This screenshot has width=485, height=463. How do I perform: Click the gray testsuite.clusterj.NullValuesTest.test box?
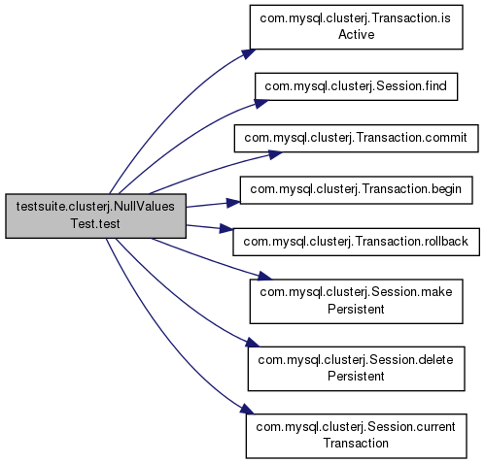(95, 215)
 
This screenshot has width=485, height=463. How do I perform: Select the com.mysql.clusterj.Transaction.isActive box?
(356, 27)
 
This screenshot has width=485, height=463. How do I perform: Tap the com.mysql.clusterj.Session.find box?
(356, 86)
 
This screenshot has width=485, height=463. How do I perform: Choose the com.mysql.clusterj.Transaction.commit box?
(356, 138)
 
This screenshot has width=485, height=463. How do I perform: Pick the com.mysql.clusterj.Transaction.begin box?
(356, 190)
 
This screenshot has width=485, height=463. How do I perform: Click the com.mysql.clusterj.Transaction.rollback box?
(356, 242)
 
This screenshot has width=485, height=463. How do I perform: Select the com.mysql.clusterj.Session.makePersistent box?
(356, 301)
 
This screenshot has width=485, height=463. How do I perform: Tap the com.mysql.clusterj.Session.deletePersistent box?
(356, 369)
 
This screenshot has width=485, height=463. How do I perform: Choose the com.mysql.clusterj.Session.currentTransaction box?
(356, 436)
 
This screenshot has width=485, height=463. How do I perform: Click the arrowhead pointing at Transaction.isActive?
(249, 54)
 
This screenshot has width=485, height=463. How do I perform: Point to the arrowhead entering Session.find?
(261, 104)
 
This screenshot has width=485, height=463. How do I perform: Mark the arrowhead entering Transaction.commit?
(275, 154)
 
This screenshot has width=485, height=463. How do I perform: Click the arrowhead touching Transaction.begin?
(233, 203)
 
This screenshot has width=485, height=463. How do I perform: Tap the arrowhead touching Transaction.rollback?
(226, 229)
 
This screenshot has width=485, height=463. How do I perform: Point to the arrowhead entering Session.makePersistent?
(264, 277)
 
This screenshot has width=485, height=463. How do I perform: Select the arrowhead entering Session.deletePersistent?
(253, 343)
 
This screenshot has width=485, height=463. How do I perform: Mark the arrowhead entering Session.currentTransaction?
(247, 409)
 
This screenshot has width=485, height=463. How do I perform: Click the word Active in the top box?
(357, 35)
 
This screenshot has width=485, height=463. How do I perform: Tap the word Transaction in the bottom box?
(356, 444)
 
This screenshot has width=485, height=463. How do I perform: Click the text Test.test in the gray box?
(95, 224)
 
